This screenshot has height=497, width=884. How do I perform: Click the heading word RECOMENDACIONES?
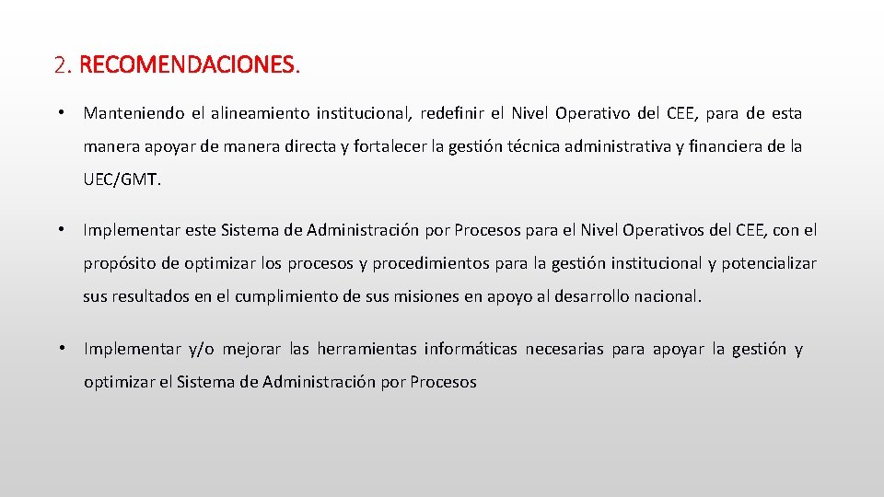pos(189,66)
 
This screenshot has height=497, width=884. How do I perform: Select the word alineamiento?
pos(260,113)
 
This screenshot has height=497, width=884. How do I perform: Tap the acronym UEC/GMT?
pos(122,180)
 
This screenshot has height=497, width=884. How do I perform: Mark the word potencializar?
pos(768,263)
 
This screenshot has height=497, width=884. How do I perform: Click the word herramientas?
pos(366,348)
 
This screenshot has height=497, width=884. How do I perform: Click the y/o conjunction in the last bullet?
pos(201,349)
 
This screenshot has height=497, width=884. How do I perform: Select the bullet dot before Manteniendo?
pos(59,113)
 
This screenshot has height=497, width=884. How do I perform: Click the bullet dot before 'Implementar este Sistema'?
pos(59,229)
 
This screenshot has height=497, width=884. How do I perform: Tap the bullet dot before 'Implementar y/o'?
pos(59,348)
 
